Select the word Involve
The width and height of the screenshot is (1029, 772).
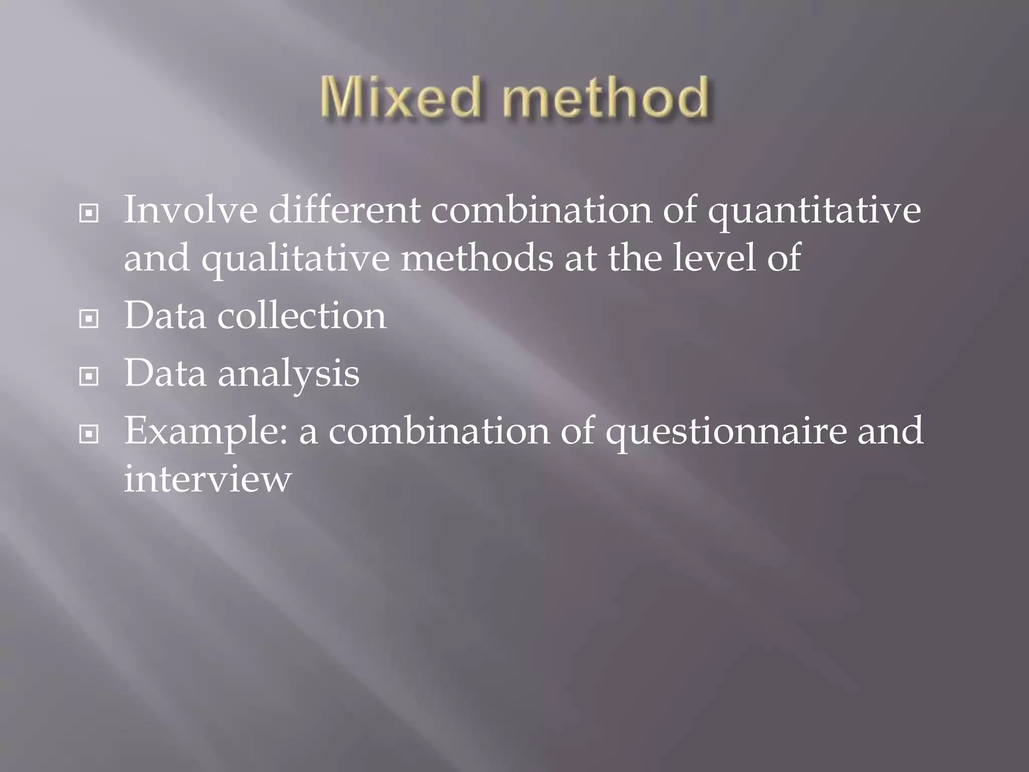(x=190, y=210)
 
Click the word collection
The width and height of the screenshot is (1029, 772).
(x=301, y=316)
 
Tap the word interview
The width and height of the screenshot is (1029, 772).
(x=208, y=478)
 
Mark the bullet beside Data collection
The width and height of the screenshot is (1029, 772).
(x=89, y=318)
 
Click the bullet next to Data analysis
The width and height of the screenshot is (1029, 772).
(x=89, y=376)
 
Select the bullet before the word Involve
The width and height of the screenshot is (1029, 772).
(x=89, y=213)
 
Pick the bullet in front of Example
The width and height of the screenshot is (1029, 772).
(x=89, y=433)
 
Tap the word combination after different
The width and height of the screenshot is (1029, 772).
(x=541, y=210)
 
